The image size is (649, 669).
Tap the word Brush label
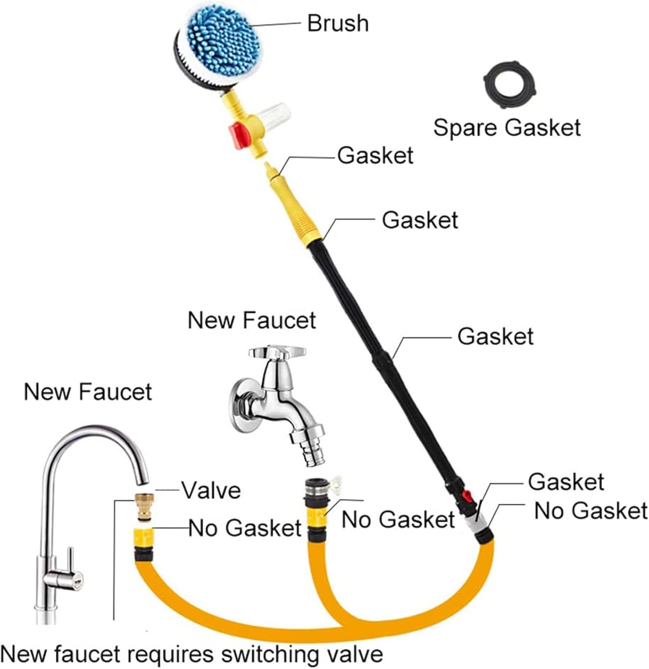pos(338,23)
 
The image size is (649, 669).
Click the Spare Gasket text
pos(507,128)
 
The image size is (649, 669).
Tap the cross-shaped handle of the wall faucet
pos(277,352)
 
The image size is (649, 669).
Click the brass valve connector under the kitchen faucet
pos(145,507)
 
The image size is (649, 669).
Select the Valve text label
pos(211,491)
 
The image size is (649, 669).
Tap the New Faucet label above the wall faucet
pos(252,320)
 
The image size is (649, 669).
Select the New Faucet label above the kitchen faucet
pos(88,392)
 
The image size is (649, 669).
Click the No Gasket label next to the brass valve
pos(245,528)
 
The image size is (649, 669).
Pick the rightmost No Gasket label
pos(591,511)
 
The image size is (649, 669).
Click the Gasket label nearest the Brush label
pos(375,156)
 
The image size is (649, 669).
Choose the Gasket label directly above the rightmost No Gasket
pos(566,482)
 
